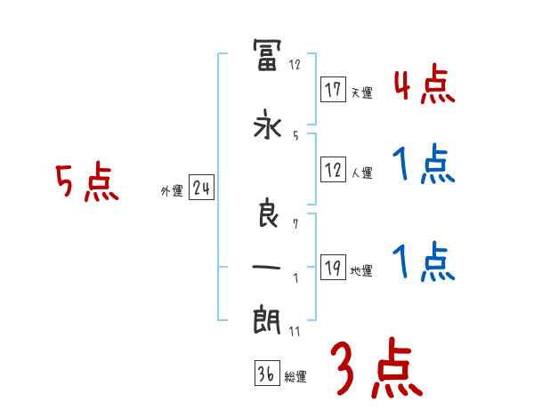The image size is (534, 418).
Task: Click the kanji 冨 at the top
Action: [268, 55]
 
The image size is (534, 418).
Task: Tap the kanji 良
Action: [268, 213]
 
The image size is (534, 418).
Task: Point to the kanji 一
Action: [268, 267]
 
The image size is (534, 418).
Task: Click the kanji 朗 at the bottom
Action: [268, 318]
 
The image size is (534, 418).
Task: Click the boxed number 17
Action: [334, 90]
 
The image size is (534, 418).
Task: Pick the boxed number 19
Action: [333, 269]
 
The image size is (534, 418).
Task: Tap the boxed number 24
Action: [201, 189]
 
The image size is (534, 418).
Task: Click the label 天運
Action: [361, 92]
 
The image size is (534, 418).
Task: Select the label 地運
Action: [361, 271]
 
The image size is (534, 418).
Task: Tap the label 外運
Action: [171, 191]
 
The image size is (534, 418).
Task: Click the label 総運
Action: [295, 377]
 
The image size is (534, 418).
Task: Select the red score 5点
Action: [86, 183]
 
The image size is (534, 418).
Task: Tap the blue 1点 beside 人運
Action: [423, 165]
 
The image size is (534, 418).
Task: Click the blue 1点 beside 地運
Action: [423, 263]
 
